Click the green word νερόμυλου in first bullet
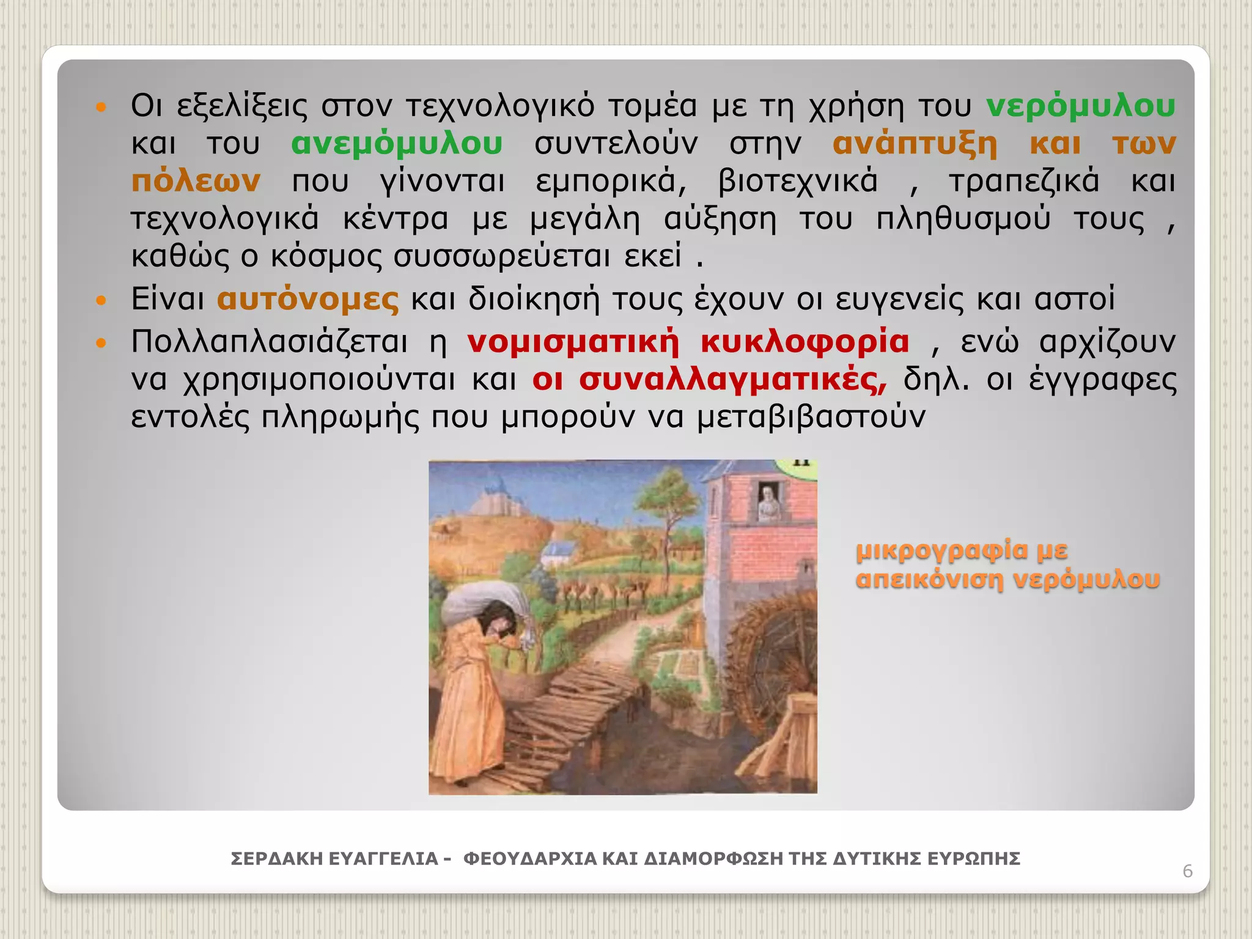1081,106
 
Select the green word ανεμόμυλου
397,144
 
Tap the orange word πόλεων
196,182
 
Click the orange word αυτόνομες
307,300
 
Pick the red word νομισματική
573,342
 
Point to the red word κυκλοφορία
805,342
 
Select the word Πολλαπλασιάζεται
269,342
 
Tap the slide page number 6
1187,871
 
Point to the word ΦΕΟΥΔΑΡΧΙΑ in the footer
529,859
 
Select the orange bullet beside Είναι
101,300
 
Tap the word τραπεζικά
1023,182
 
